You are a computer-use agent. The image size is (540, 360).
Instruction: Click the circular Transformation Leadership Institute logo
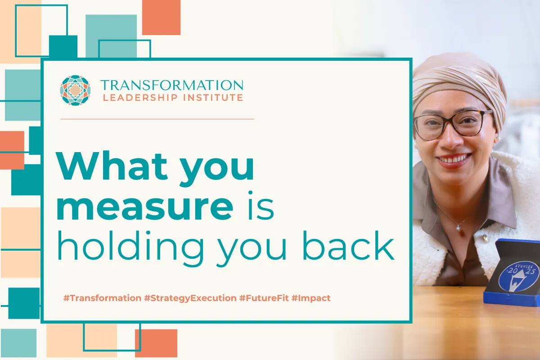point(75,90)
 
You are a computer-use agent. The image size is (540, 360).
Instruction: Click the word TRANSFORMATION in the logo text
point(171,85)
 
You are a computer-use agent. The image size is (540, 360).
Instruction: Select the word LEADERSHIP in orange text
point(142,97)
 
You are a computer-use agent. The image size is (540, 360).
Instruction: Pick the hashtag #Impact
point(311,298)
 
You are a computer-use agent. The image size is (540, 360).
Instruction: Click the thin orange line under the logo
point(157,119)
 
